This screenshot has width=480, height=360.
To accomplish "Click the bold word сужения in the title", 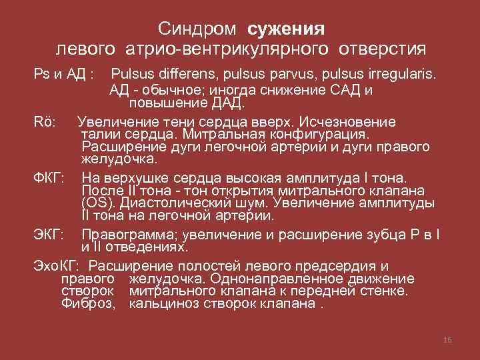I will coord(286,29).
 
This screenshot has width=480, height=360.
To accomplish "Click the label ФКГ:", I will coord(49,178).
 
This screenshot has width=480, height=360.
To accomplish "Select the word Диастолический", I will coord(179,203).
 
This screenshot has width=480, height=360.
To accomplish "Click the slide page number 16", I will coord(447,340).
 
